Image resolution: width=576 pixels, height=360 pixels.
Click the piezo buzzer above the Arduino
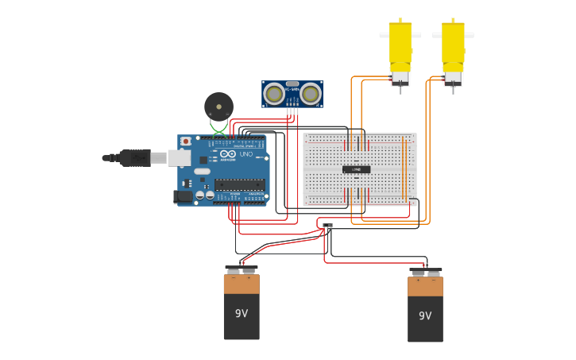pos(218,106)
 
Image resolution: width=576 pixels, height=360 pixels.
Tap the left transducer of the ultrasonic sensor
pos(274,94)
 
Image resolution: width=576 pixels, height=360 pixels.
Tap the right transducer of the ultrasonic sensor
pos(310,94)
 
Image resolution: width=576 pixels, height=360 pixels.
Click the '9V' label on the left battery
pos(242,314)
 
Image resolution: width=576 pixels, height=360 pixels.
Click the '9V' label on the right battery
pos(425,316)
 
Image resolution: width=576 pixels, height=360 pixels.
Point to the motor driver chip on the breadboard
pos(356,169)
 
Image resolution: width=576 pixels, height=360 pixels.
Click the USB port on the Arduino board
pos(180,158)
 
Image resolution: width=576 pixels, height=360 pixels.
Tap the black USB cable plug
pos(135,158)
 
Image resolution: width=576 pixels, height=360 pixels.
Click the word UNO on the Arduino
pos(246,154)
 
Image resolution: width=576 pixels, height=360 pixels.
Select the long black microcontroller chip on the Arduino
pos(239,184)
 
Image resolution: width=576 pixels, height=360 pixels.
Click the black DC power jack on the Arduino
pos(184,195)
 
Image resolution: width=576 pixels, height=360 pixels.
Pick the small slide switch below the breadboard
pos(327,226)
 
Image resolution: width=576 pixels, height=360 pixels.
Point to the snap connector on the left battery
pos(242,269)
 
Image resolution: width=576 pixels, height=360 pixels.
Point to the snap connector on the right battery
pos(425,272)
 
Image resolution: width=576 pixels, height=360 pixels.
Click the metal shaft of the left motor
pos(400,89)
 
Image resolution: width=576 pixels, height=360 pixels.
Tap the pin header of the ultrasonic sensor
pos(292,111)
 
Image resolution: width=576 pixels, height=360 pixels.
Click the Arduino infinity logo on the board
pos(228,154)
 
